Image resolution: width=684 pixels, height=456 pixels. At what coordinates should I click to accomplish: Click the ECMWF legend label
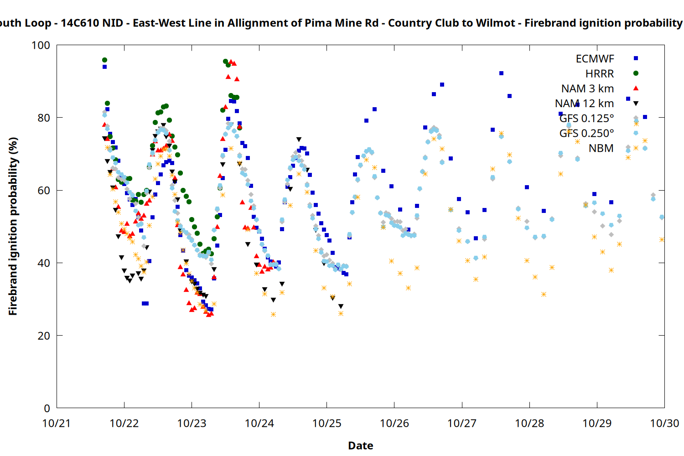click(595, 59)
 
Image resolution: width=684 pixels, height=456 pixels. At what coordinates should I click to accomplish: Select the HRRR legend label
click(600, 74)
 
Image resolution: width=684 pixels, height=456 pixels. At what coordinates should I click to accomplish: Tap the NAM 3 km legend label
click(587, 88)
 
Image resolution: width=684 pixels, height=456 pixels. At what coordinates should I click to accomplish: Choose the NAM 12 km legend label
click(584, 104)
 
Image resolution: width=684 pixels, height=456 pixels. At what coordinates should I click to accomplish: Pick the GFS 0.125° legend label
click(586, 119)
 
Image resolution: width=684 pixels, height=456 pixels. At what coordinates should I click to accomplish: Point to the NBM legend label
click(601, 148)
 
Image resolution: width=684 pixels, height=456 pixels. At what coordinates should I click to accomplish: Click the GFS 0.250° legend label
click(586, 133)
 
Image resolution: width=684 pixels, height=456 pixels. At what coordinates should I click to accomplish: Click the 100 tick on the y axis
click(41, 45)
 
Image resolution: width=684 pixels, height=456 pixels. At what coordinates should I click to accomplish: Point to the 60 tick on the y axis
click(44, 191)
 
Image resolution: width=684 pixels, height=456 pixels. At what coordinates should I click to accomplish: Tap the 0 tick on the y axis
click(47, 408)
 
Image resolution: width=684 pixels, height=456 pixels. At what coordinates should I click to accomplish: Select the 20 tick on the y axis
click(44, 336)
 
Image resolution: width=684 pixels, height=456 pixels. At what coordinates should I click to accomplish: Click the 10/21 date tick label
click(57, 423)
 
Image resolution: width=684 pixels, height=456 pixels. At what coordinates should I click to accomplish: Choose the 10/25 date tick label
click(326, 423)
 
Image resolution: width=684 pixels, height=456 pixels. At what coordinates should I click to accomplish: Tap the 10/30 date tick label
click(664, 423)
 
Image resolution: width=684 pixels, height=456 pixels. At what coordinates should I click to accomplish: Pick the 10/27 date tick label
click(462, 423)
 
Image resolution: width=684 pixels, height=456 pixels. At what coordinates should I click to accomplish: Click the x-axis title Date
click(360, 446)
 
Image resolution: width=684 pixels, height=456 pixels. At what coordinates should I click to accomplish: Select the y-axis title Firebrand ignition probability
click(13, 226)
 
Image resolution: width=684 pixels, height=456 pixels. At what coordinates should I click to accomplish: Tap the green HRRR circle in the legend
click(636, 73)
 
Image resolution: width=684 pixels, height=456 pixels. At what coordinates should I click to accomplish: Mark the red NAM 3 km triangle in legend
click(636, 88)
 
